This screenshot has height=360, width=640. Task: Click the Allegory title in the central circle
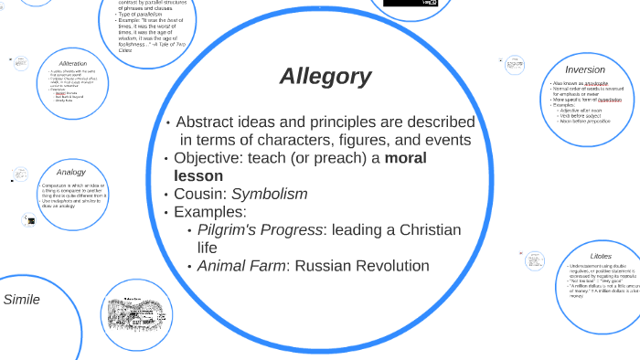[325, 77]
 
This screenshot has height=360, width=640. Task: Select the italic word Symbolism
[269, 194]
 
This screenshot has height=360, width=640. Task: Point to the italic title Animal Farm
[237, 266]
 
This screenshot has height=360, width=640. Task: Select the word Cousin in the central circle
[199, 194]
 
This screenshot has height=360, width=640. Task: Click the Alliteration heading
[72, 63]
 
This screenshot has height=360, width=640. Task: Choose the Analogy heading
[70, 172]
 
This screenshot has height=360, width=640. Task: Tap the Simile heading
[22, 299]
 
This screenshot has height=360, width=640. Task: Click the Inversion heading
[585, 69]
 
